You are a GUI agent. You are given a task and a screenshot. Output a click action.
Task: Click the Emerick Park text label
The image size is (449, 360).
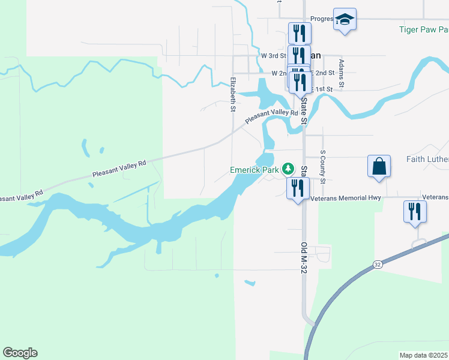pyautogui.click(x=255, y=170)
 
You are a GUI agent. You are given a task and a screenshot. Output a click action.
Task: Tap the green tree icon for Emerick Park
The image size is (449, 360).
pyautogui.click(x=288, y=169)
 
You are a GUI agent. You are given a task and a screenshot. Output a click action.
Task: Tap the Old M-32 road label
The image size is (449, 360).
pyautogui.click(x=304, y=256)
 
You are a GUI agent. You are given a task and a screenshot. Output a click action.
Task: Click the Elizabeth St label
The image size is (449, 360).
pyautogui.click(x=232, y=95)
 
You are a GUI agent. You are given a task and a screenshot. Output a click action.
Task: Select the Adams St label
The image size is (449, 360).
pyautogui.click(x=341, y=73)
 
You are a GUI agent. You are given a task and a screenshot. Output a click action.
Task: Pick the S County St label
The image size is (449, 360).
pyautogui.click(x=323, y=167)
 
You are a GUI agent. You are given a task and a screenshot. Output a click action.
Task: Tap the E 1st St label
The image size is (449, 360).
pyautogui.click(x=323, y=89)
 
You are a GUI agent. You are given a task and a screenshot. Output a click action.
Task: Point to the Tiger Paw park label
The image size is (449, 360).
pyautogui.click(x=424, y=29)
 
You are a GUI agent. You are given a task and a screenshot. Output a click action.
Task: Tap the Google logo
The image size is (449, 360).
pyautogui.click(x=20, y=353)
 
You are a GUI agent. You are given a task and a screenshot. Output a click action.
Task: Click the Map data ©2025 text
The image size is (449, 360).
pyautogui.click(x=423, y=355)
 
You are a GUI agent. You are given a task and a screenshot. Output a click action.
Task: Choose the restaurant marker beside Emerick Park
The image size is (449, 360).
pyautogui.click(x=298, y=189)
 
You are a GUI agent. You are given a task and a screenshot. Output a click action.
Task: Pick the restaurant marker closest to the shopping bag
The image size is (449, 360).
pyautogui.click(x=415, y=212)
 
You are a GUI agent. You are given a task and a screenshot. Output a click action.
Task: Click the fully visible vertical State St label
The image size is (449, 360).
pyautogui.click(x=304, y=112)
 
